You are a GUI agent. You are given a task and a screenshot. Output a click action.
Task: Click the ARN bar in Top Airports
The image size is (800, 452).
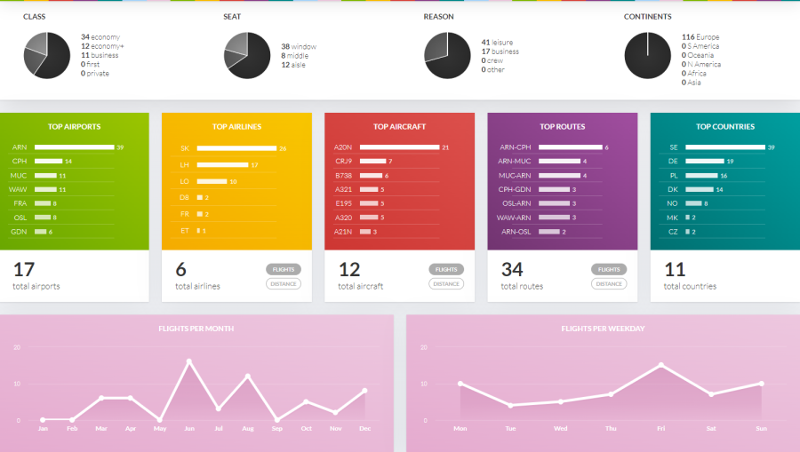point(74,147)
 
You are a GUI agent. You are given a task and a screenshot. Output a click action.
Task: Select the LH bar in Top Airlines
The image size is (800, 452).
point(222,165)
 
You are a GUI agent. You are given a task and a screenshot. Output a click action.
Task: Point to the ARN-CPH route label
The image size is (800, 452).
point(516,147)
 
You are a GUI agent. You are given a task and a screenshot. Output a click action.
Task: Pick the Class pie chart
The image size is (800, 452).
point(46,55)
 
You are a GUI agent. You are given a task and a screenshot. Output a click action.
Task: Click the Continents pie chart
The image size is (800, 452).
point(648,55)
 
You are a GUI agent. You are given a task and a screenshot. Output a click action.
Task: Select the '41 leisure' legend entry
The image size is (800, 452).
point(497,42)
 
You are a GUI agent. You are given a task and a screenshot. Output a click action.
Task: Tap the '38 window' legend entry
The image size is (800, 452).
point(298,46)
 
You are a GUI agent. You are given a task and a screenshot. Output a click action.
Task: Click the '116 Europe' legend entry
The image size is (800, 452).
point(700,37)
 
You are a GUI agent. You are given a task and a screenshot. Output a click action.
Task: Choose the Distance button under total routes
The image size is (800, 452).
point(609,284)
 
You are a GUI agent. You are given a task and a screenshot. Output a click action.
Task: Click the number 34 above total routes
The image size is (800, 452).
point(512,269)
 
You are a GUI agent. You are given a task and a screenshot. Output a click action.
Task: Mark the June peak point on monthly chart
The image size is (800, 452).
point(189,361)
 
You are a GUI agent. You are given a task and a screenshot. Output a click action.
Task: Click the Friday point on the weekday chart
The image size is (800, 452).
point(661,365)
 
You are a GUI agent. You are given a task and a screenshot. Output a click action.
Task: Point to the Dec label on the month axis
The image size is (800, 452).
point(364,428)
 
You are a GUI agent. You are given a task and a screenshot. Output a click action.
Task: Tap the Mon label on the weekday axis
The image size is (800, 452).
point(460,428)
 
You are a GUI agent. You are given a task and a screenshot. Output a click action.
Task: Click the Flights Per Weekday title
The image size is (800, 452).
point(603,329)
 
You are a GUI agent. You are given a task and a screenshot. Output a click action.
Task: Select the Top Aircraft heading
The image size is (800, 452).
point(399,127)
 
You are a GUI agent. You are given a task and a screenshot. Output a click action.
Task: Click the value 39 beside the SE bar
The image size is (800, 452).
point(772,147)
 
